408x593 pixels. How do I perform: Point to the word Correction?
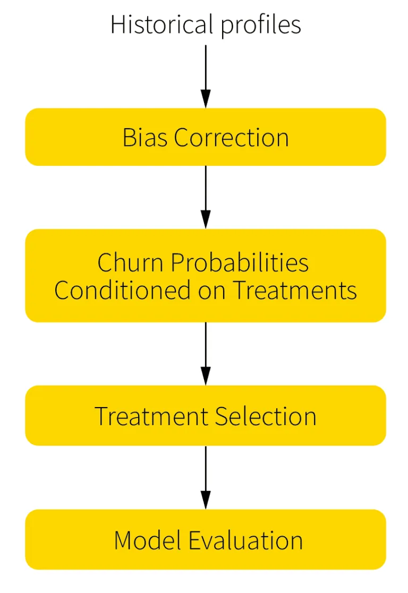click(232, 138)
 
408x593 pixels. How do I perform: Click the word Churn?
click(126, 262)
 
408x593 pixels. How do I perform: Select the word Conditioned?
click(123, 291)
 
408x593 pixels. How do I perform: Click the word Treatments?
click(295, 291)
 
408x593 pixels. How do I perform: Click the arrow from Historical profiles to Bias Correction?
click(206, 76)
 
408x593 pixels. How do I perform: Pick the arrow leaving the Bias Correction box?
click(206, 197)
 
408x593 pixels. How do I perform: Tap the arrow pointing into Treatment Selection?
click(206, 353)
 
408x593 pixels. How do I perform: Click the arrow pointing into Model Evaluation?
click(206, 477)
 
